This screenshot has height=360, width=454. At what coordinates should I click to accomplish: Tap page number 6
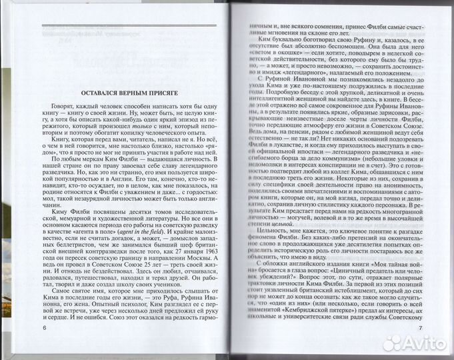pos(45,348)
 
